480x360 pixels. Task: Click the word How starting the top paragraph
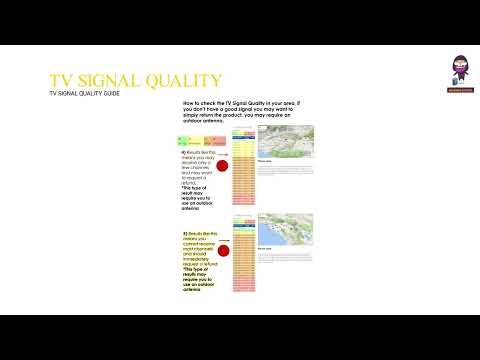point(188,103)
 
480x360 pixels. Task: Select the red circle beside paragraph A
point(224,165)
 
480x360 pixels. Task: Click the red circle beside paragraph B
point(224,252)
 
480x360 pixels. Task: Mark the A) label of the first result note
point(185,150)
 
